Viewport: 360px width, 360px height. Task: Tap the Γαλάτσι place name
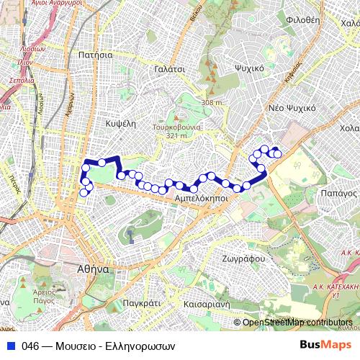(x=170, y=68)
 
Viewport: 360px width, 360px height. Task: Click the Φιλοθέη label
(x=302, y=20)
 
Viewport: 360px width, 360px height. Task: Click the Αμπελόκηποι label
(x=202, y=196)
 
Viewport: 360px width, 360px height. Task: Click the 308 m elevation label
(x=212, y=103)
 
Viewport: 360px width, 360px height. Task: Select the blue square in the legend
(x=10, y=345)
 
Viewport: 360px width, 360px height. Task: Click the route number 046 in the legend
(x=30, y=345)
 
